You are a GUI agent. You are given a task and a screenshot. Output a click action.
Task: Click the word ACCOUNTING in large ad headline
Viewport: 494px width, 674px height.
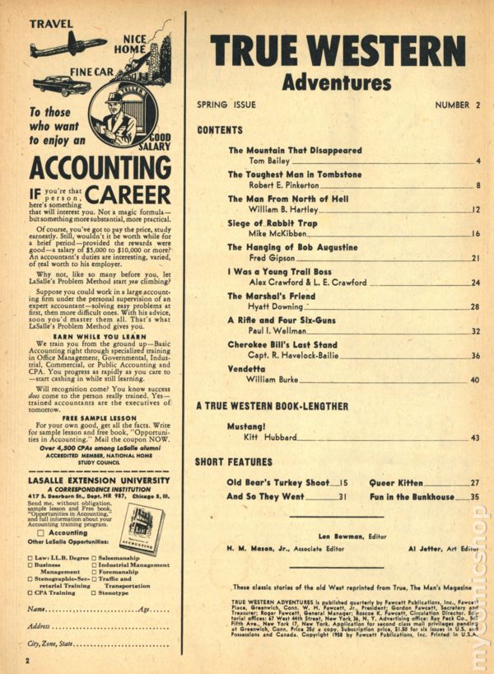point(92,168)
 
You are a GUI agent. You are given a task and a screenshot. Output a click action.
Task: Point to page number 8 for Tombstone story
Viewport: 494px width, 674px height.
point(478,185)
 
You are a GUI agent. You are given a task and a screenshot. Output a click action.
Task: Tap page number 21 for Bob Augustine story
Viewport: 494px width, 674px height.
point(475,259)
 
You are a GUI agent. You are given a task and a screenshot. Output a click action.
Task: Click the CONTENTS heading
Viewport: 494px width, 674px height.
point(220,130)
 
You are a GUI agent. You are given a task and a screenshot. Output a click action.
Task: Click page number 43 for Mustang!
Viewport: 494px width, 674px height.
point(475,438)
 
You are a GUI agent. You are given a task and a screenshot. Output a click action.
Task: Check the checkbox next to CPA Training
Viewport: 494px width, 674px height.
point(32,591)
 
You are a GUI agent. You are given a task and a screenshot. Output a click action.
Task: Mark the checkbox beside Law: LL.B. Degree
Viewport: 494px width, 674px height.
point(32,556)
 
